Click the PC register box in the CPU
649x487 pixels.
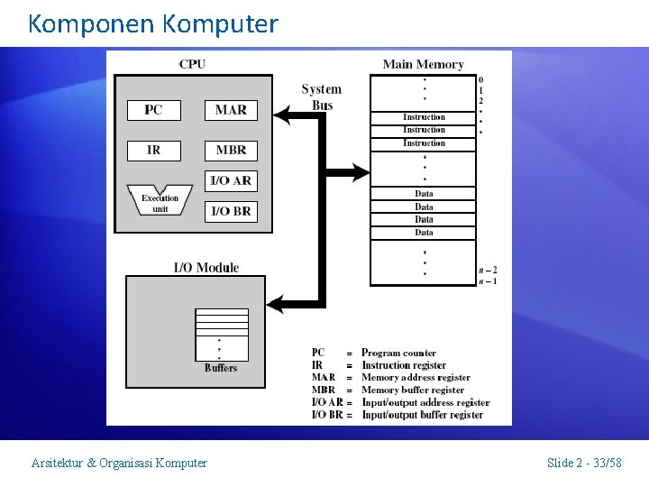(153, 110)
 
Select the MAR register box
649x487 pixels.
(231, 110)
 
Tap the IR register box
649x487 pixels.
(153, 150)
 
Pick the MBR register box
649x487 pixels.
(231, 150)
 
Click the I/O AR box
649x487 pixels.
(231, 180)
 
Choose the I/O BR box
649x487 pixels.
(231, 211)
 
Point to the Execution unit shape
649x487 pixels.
(160, 202)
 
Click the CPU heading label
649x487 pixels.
(192, 64)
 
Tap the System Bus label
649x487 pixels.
(322, 97)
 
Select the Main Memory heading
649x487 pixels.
(423, 64)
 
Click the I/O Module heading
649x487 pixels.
(206, 267)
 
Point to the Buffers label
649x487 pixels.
(221, 368)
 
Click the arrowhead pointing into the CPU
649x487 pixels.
(280, 115)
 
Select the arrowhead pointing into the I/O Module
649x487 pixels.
(275, 304)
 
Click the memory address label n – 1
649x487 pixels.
(488, 281)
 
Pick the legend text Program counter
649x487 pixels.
(398, 353)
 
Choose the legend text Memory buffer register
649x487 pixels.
(413, 391)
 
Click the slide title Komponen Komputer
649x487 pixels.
(153, 23)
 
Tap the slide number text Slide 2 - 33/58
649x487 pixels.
(584, 463)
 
